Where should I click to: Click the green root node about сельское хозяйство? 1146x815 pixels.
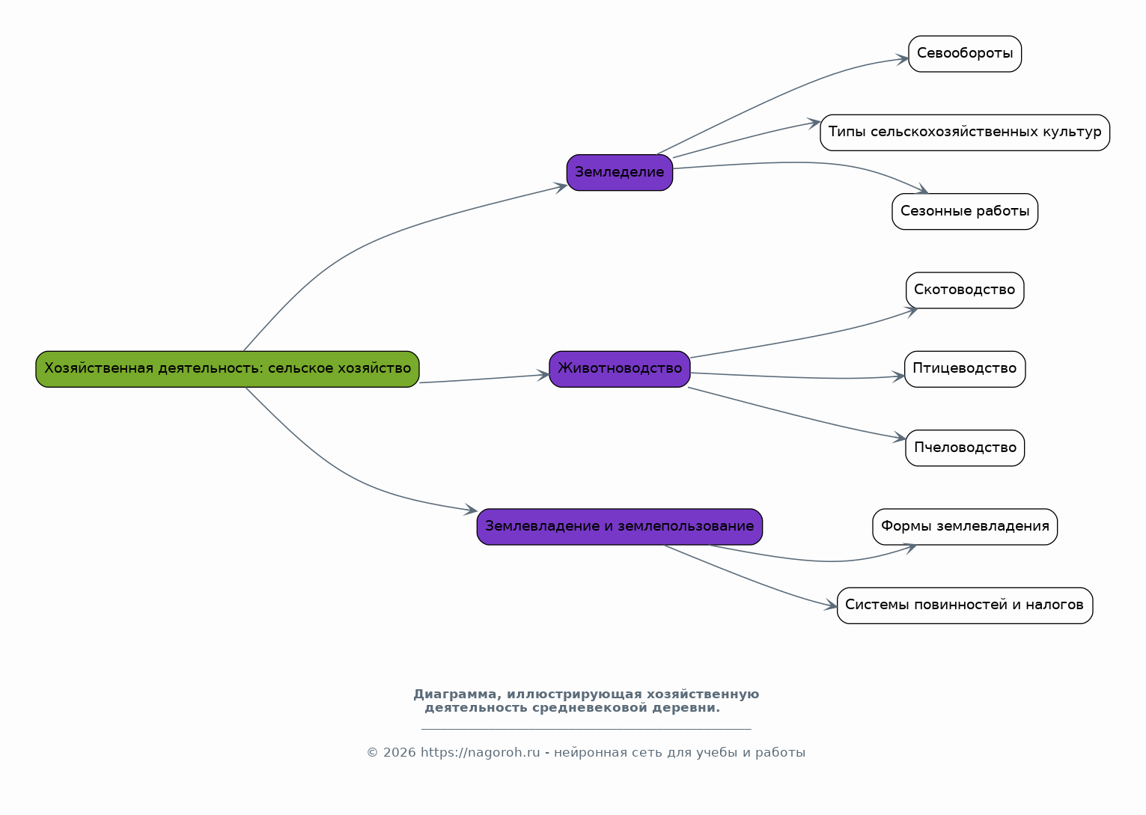227,369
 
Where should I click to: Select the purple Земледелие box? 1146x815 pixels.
620,172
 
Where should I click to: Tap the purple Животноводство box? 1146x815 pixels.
620,369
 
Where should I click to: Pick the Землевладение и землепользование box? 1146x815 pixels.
620,526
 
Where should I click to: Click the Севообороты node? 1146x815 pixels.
965,54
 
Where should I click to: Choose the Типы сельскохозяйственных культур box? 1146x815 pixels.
965,132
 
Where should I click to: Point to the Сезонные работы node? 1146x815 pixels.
965,211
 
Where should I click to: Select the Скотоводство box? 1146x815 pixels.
965,290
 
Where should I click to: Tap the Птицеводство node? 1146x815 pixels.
965,369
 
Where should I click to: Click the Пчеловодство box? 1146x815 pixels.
965,448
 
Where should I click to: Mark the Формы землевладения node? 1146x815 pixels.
965,526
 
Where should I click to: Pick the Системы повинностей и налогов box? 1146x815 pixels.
965,605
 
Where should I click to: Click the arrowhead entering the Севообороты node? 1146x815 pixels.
903,59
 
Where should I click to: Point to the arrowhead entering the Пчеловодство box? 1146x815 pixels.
900,437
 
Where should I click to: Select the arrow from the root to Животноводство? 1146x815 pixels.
484,379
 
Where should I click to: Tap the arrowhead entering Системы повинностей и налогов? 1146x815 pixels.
831,605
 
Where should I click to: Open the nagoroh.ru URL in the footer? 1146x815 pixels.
481,753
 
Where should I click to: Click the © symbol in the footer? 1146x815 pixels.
373,753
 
